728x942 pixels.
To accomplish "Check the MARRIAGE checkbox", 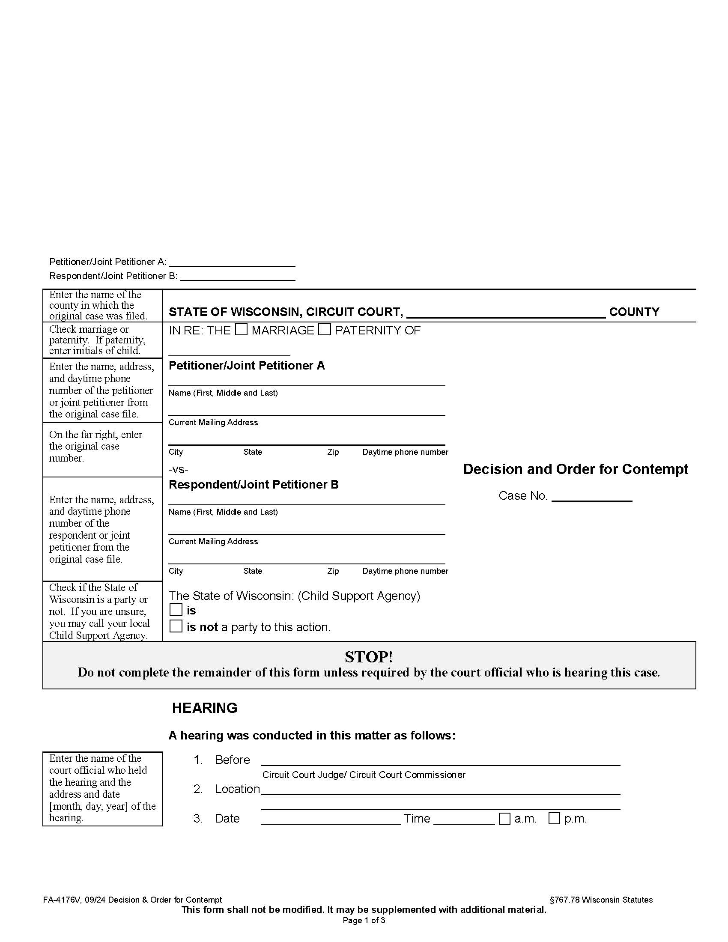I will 241,329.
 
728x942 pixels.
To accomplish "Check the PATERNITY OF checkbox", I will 324,329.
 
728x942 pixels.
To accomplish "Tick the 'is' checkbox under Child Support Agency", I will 176,609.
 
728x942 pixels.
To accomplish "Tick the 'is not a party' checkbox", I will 176,626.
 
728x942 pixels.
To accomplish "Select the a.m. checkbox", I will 504,818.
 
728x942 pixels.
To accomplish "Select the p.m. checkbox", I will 554,818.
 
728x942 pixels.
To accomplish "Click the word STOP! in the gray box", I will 369,657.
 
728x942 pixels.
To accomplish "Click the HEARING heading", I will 204,708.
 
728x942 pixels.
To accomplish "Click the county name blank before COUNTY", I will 505,312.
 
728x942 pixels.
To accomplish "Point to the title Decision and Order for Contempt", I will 575,469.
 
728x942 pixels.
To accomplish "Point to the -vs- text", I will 178,469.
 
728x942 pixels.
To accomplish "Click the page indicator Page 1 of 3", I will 364,921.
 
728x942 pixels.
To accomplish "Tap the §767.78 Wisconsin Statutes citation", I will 601,900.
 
